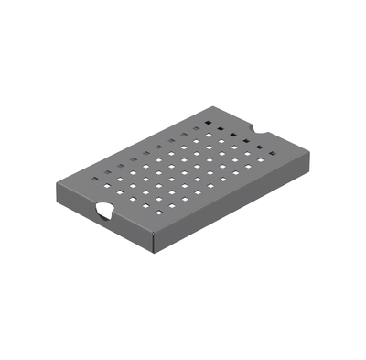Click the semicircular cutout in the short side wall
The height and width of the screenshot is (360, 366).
pos(103,212)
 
